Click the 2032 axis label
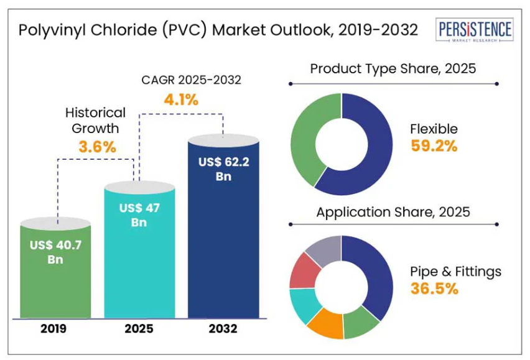coord(223,328)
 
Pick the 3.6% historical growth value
coord(97,147)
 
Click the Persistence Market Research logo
coord(475,30)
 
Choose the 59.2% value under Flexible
coord(434,146)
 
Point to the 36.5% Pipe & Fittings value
coord(434,288)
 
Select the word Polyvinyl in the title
coord(45,30)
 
